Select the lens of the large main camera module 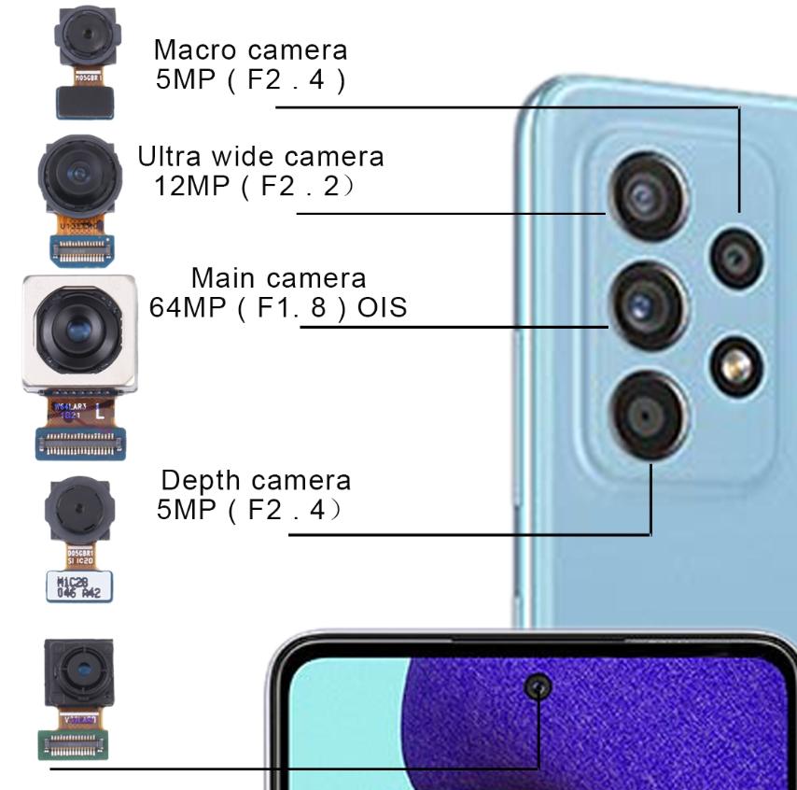pos(77,332)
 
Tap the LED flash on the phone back pos(736,365)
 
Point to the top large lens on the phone pos(647,195)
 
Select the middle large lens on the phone pos(647,306)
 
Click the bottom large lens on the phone pos(647,412)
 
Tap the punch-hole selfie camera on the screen pos(538,688)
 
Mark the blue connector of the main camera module pos(79,444)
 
